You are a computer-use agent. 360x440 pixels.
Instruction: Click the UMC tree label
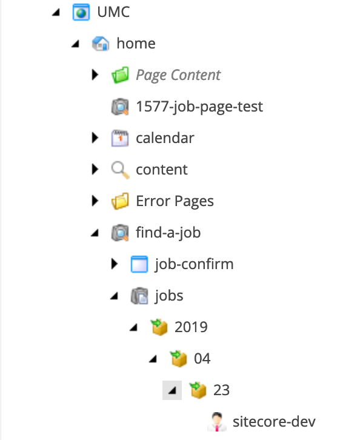pyautogui.click(x=113, y=12)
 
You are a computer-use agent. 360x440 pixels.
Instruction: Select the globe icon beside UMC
pyautogui.click(x=81, y=12)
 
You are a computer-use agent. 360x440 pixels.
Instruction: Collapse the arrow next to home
pyautogui.click(x=76, y=44)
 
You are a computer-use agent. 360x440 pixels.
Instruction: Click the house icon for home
pyautogui.click(x=101, y=44)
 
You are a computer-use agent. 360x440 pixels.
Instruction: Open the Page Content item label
pyautogui.click(x=178, y=75)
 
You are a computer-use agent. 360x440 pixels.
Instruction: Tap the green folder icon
pyautogui.click(x=120, y=75)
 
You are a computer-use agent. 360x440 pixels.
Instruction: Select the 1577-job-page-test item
pyautogui.click(x=199, y=107)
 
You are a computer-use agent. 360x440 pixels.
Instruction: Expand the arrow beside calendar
pyautogui.click(x=95, y=138)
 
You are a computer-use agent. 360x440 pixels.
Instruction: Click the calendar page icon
pyautogui.click(x=120, y=138)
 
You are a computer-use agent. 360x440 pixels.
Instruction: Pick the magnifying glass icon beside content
pyautogui.click(x=120, y=170)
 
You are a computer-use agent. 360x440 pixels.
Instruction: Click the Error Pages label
pyautogui.click(x=175, y=201)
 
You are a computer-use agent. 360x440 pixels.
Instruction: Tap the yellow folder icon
pyautogui.click(x=120, y=201)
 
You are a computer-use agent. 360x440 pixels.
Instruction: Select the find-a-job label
pyautogui.click(x=168, y=233)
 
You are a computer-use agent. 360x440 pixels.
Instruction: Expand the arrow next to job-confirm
pyautogui.click(x=114, y=264)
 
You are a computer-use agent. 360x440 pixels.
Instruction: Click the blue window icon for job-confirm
pyautogui.click(x=139, y=264)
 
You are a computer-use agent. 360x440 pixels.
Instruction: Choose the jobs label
pyautogui.click(x=169, y=296)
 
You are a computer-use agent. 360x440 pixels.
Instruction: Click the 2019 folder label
pyautogui.click(x=191, y=327)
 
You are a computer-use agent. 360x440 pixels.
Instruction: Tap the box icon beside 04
pyautogui.click(x=178, y=358)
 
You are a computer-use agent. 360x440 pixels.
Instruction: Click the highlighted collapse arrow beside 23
pyautogui.click(x=172, y=390)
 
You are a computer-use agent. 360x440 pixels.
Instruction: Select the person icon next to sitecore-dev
pyautogui.click(x=217, y=421)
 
